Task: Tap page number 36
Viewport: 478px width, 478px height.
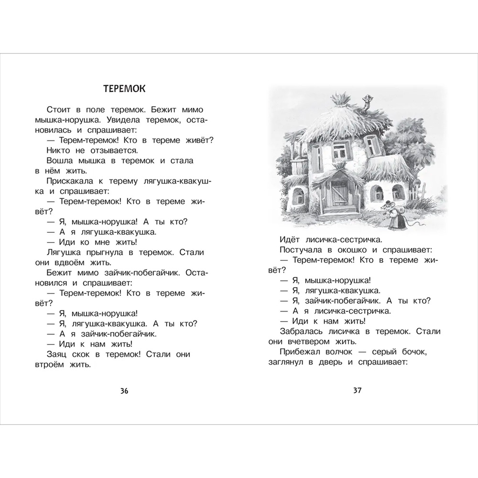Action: [x=124, y=391]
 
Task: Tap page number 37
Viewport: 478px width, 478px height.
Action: [x=357, y=391]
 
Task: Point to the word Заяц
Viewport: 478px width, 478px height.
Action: [x=58, y=355]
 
